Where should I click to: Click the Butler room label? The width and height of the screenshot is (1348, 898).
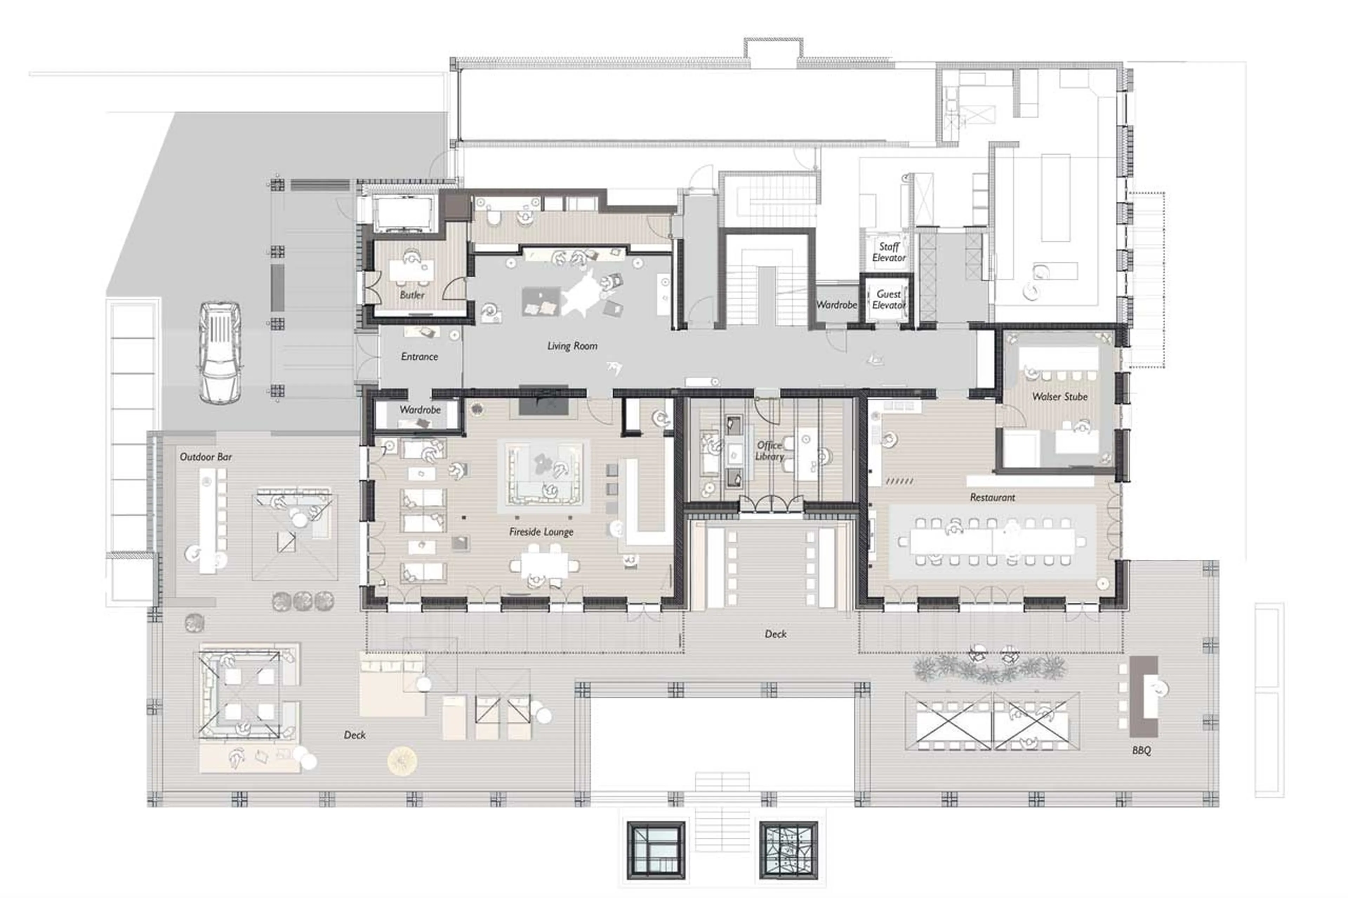click(x=412, y=295)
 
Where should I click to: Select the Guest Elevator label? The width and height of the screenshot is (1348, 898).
click(x=888, y=300)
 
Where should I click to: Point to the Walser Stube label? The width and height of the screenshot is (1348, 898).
click(x=1059, y=396)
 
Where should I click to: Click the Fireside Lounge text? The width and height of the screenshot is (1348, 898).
click(x=541, y=532)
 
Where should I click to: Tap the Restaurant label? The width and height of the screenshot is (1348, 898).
click(x=992, y=498)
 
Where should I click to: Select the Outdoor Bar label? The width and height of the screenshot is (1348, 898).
click(x=206, y=457)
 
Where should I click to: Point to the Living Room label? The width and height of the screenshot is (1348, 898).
click(x=572, y=346)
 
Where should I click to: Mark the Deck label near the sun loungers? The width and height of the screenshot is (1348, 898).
click(x=355, y=735)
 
